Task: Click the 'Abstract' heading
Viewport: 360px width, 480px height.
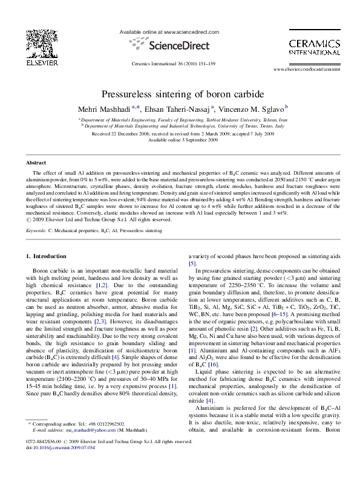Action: [x=36, y=163]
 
